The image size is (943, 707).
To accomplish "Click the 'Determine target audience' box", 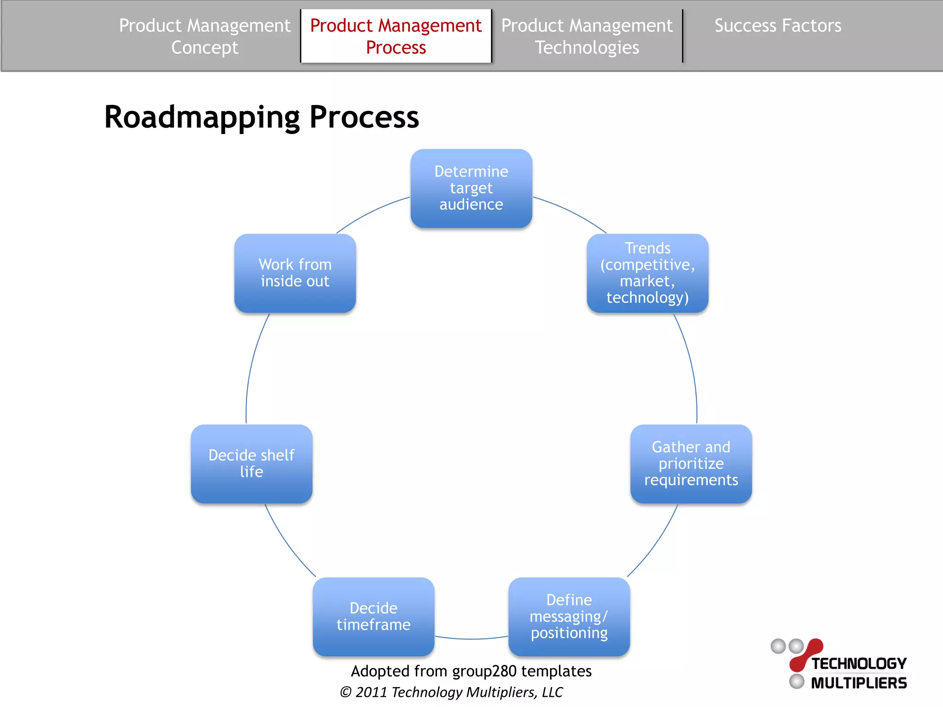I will (471, 188).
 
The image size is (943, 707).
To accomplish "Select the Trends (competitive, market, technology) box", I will (647, 273).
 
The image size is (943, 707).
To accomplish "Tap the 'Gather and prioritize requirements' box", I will (691, 464).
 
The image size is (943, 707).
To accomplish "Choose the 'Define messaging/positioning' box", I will (569, 616).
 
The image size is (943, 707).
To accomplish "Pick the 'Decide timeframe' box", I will (373, 616).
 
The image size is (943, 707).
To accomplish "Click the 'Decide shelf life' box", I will (251, 464).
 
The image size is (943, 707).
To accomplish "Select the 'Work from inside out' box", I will (295, 273).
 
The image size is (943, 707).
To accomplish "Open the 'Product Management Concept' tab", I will (204, 36).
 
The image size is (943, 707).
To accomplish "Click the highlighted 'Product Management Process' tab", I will (396, 36).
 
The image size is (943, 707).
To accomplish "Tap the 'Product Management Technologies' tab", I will (587, 36).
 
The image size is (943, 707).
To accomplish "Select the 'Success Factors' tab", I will (778, 26).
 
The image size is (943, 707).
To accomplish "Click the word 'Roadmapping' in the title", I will (202, 117).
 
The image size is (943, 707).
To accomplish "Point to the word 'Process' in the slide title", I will (364, 117).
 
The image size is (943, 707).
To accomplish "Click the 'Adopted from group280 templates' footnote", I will (471, 671).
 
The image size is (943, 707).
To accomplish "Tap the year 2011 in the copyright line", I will (371, 692).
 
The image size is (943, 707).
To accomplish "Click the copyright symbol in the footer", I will (345, 692).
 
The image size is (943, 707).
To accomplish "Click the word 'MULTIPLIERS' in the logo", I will (859, 683).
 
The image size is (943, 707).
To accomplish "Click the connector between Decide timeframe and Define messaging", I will (471, 639).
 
